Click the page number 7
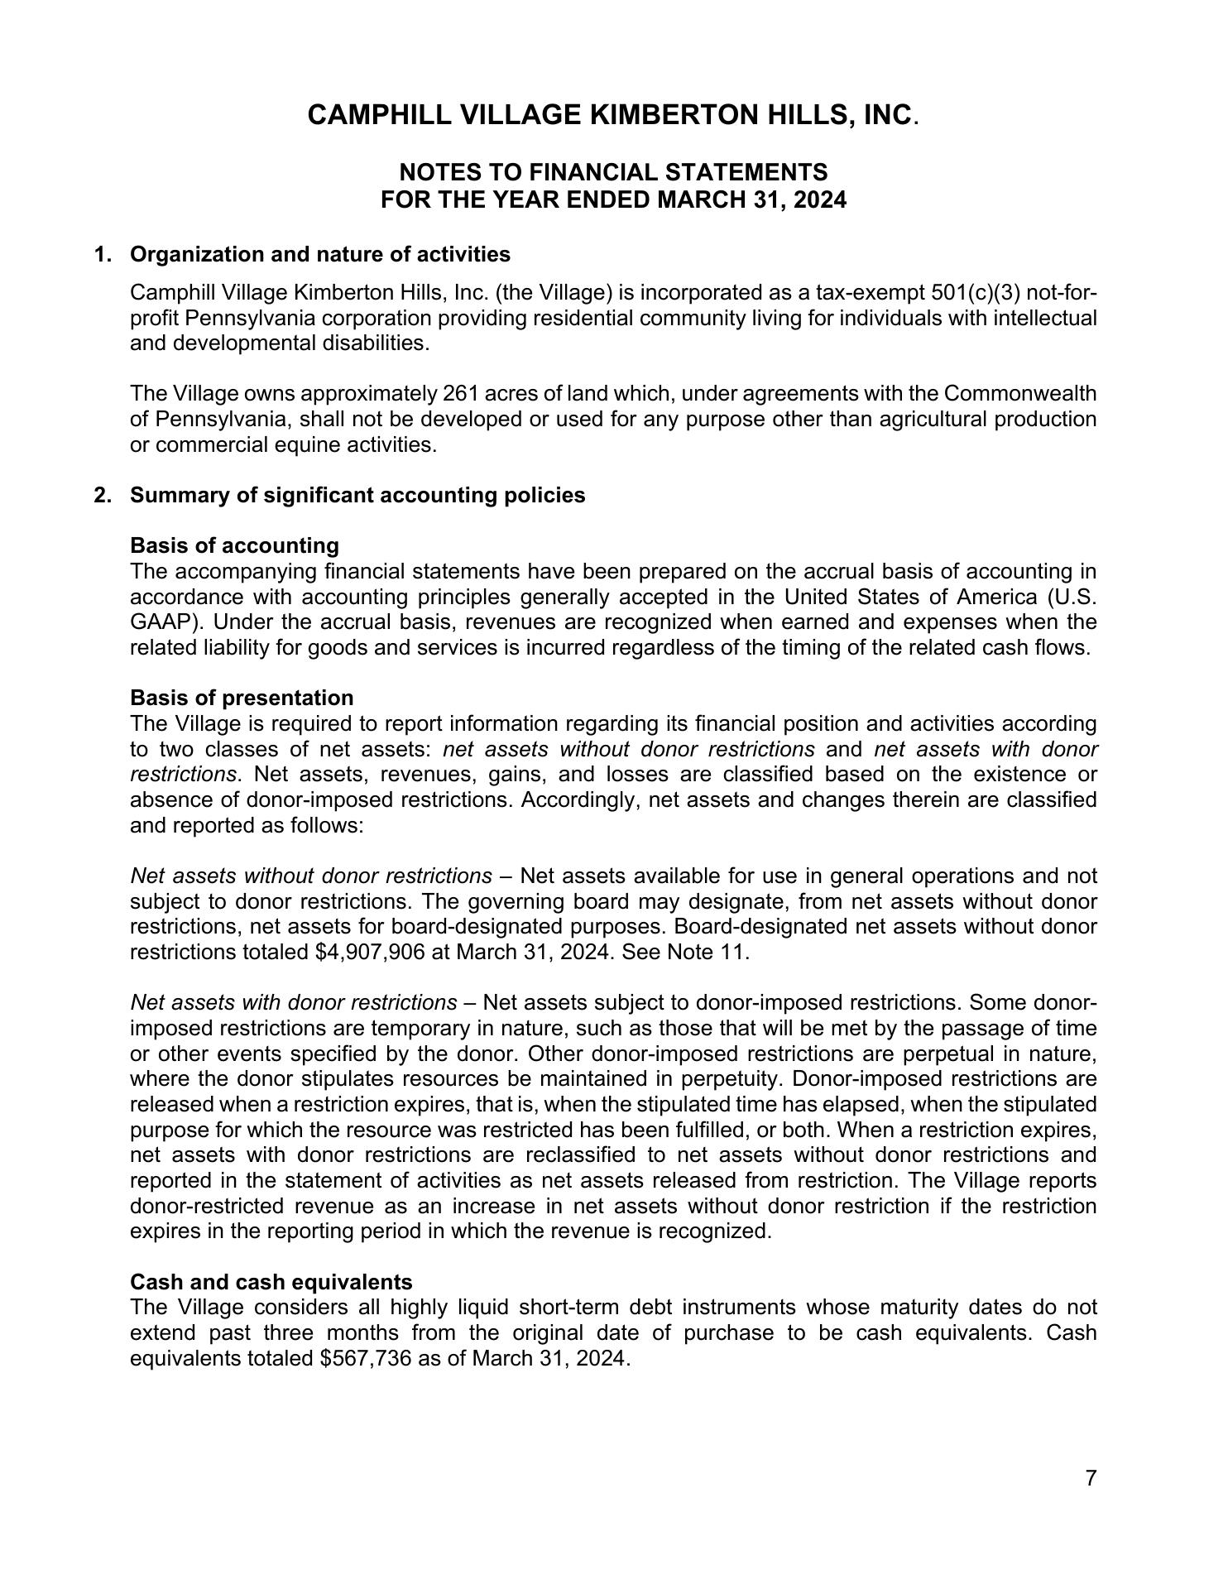1091,1478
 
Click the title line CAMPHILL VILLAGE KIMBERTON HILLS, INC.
612,115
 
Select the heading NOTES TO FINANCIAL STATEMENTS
613,172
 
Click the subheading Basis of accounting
234,545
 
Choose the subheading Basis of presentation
242,698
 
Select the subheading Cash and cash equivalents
271,1282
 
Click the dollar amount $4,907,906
370,952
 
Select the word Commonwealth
1019,393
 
